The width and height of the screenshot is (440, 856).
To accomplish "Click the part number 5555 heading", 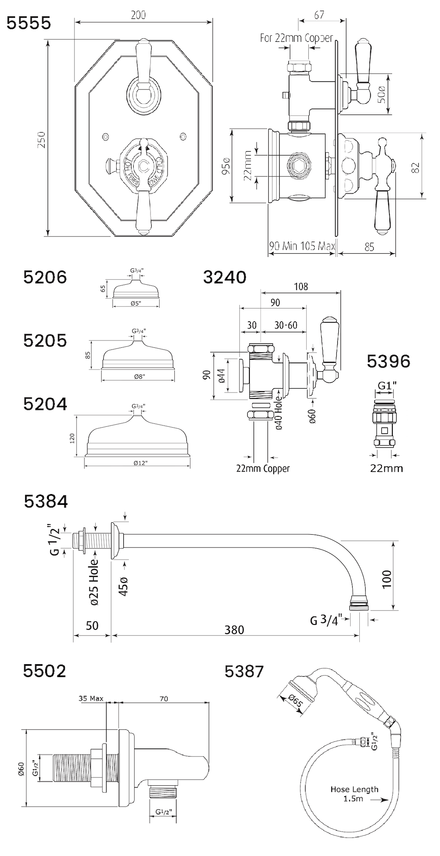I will [29, 23].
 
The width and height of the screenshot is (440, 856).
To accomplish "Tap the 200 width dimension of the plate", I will [138, 15].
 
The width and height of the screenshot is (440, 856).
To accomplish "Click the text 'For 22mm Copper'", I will [296, 38].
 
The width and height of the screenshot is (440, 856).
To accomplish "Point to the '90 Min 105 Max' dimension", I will [302, 246].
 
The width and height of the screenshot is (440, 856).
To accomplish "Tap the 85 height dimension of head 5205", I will [88, 355].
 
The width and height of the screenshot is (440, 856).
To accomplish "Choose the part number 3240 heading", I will [225, 277].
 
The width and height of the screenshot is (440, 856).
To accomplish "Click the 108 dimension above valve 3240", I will [301, 286].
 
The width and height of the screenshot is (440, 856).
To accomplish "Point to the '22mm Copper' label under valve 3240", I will [262, 469].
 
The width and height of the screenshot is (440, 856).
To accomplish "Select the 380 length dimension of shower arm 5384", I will [234, 629].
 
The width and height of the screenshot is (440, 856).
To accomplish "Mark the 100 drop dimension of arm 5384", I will [387, 579].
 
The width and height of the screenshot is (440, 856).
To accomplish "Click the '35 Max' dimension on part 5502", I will [91, 698].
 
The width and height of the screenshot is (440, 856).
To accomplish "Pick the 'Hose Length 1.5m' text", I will [354, 794].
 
